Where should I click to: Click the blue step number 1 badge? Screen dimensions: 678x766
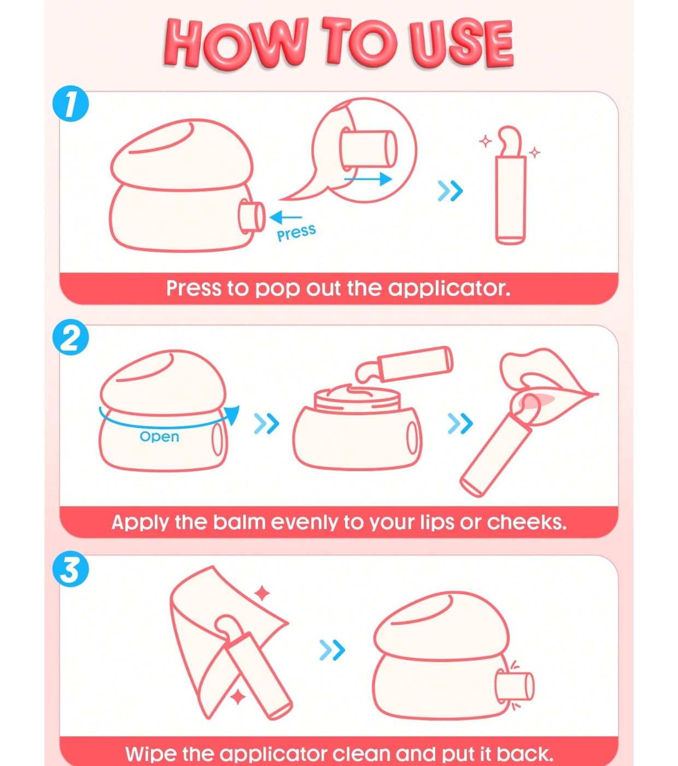point(71,103)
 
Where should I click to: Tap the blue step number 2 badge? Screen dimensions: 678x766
point(71,337)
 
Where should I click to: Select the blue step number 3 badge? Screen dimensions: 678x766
point(71,569)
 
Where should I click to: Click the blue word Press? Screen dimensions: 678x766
point(296,233)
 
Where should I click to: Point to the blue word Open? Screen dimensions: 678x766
point(159,437)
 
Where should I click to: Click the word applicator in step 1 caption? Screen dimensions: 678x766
point(449,289)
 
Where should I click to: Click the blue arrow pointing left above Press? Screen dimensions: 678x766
point(285,217)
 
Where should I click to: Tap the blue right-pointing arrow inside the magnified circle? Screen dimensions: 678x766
point(368,179)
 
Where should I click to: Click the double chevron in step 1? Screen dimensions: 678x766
point(450,191)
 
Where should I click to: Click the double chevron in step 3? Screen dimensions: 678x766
point(332,650)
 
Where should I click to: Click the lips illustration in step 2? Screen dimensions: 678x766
point(548,386)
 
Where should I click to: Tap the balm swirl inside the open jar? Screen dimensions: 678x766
point(356,392)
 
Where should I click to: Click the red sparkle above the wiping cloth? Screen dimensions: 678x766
point(262,593)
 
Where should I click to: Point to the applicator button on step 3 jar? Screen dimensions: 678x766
point(515,686)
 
